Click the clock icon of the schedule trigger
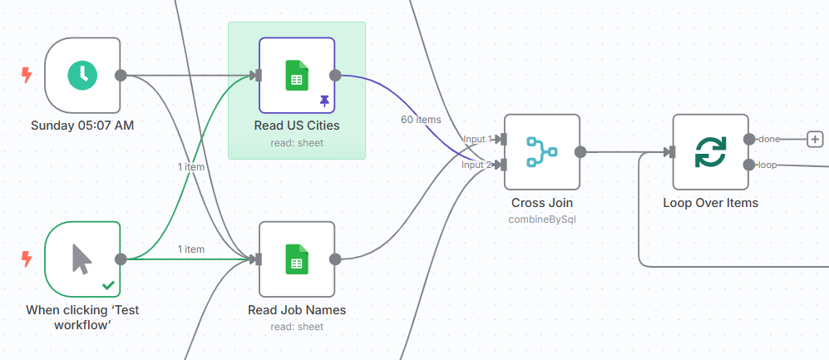click(82, 75)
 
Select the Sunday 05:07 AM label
click(82, 126)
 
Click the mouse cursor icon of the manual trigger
click(81, 259)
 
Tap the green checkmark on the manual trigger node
click(108, 284)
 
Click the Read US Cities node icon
click(297, 75)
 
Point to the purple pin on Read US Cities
click(323, 101)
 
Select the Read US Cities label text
click(297, 126)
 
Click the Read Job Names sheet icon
click(297, 259)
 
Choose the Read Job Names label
click(297, 310)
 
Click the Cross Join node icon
click(541, 151)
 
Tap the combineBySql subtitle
click(542, 219)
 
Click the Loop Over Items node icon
click(710, 151)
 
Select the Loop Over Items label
click(710, 202)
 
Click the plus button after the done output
click(815, 139)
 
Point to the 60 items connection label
click(421, 120)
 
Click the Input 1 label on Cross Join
click(477, 139)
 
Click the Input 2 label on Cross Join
click(477, 165)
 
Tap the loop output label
click(767, 165)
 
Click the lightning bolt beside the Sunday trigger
click(27, 76)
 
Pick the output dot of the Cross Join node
click(580, 152)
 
